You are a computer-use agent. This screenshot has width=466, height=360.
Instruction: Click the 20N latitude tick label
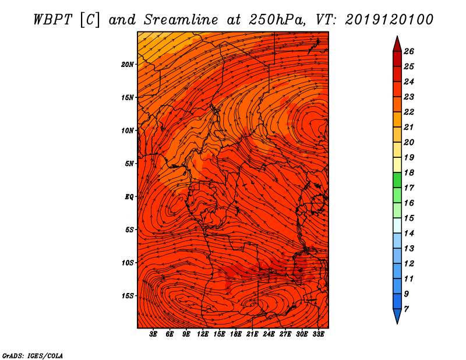tap(128, 65)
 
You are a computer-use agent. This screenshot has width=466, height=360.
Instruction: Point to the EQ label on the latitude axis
tap(129, 197)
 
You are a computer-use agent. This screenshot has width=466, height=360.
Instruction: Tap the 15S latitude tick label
tap(128, 296)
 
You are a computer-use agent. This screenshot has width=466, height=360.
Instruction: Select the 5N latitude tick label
tap(129, 164)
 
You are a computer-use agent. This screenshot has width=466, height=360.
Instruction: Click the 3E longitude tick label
tap(153, 334)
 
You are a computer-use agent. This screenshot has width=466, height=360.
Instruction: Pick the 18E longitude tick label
tap(236, 334)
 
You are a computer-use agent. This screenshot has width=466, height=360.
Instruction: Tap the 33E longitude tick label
tap(318, 334)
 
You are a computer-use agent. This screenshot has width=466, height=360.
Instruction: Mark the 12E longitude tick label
tap(203, 334)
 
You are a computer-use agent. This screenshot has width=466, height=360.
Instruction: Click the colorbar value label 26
tap(409, 51)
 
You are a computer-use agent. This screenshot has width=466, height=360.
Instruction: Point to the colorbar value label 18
tap(409, 172)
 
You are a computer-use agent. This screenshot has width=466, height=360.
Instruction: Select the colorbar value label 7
tap(406, 309)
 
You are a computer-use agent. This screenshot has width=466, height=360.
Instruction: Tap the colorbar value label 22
tap(409, 112)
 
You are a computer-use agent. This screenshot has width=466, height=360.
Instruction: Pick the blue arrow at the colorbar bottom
tap(397, 316)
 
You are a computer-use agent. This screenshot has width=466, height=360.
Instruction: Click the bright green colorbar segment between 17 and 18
tap(397, 180)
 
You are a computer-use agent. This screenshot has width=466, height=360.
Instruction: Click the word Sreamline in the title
tap(181, 20)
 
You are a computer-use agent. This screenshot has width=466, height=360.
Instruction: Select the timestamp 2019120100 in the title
tap(389, 20)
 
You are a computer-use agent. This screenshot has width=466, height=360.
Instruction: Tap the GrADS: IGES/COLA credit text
tap(33, 356)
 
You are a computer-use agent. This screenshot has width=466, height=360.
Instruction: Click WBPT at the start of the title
tap(52, 20)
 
